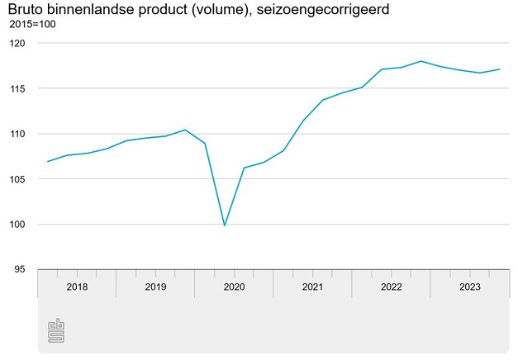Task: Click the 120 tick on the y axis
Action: (18, 43)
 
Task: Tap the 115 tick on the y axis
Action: (18, 88)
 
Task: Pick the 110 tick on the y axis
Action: (18, 134)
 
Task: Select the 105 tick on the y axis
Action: (18, 179)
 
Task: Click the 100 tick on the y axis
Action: (18, 225)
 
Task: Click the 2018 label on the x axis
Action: (76, 287)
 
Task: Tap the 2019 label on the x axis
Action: (155, 287)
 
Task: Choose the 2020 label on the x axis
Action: (234, 287)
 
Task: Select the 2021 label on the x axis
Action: (312, 287)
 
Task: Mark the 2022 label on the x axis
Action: (391, 287)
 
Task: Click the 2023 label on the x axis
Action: (469, 287)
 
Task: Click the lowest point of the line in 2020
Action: (225, 225)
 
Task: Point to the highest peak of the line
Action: (421, 61)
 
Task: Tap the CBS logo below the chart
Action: (56, 330)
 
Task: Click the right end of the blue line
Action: (500, 69)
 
